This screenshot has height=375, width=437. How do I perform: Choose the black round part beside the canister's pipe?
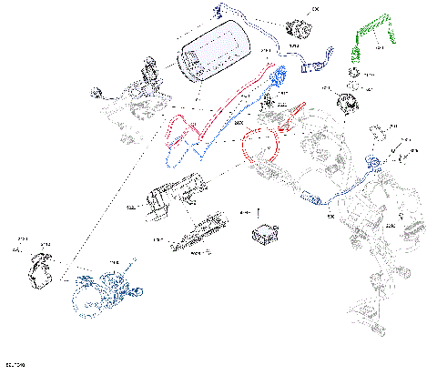tap(297, 25)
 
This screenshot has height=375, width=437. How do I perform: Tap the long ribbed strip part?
tap(198, 233)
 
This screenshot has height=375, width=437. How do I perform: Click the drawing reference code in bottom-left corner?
tap(15, 364)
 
